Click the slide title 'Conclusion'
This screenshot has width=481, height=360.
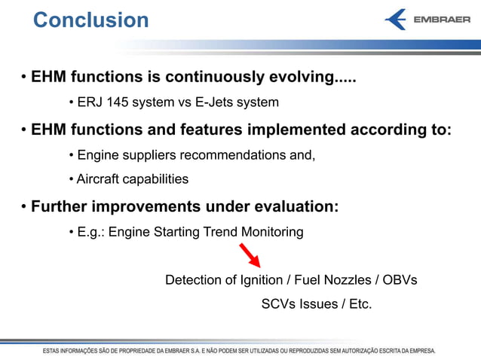[x=91, y=20]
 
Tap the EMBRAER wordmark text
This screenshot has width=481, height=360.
[x=442, y=20]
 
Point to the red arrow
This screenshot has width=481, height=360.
[x=251, y=256]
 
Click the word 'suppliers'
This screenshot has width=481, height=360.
[x=148, y=155]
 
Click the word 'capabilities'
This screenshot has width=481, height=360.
[x=156, y=179]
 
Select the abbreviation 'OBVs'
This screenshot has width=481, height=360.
[x=400, y=280]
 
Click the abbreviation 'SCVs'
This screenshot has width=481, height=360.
[x=278, y=304]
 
